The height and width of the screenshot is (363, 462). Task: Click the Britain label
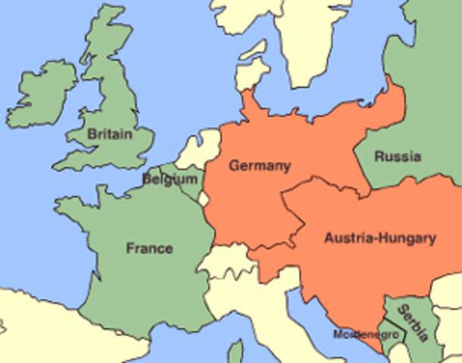coord(109,134)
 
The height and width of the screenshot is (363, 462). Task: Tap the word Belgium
coord(171,180)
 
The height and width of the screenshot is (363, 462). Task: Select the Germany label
coord(259,165)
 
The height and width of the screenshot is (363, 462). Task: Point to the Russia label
coord(398,157)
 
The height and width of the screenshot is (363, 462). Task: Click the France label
coord(149,248)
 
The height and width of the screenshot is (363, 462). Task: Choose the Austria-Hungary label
coord(380,238)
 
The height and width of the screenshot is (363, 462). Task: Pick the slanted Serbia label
coord(414,322)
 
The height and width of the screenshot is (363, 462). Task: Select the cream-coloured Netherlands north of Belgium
coord(204,147)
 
